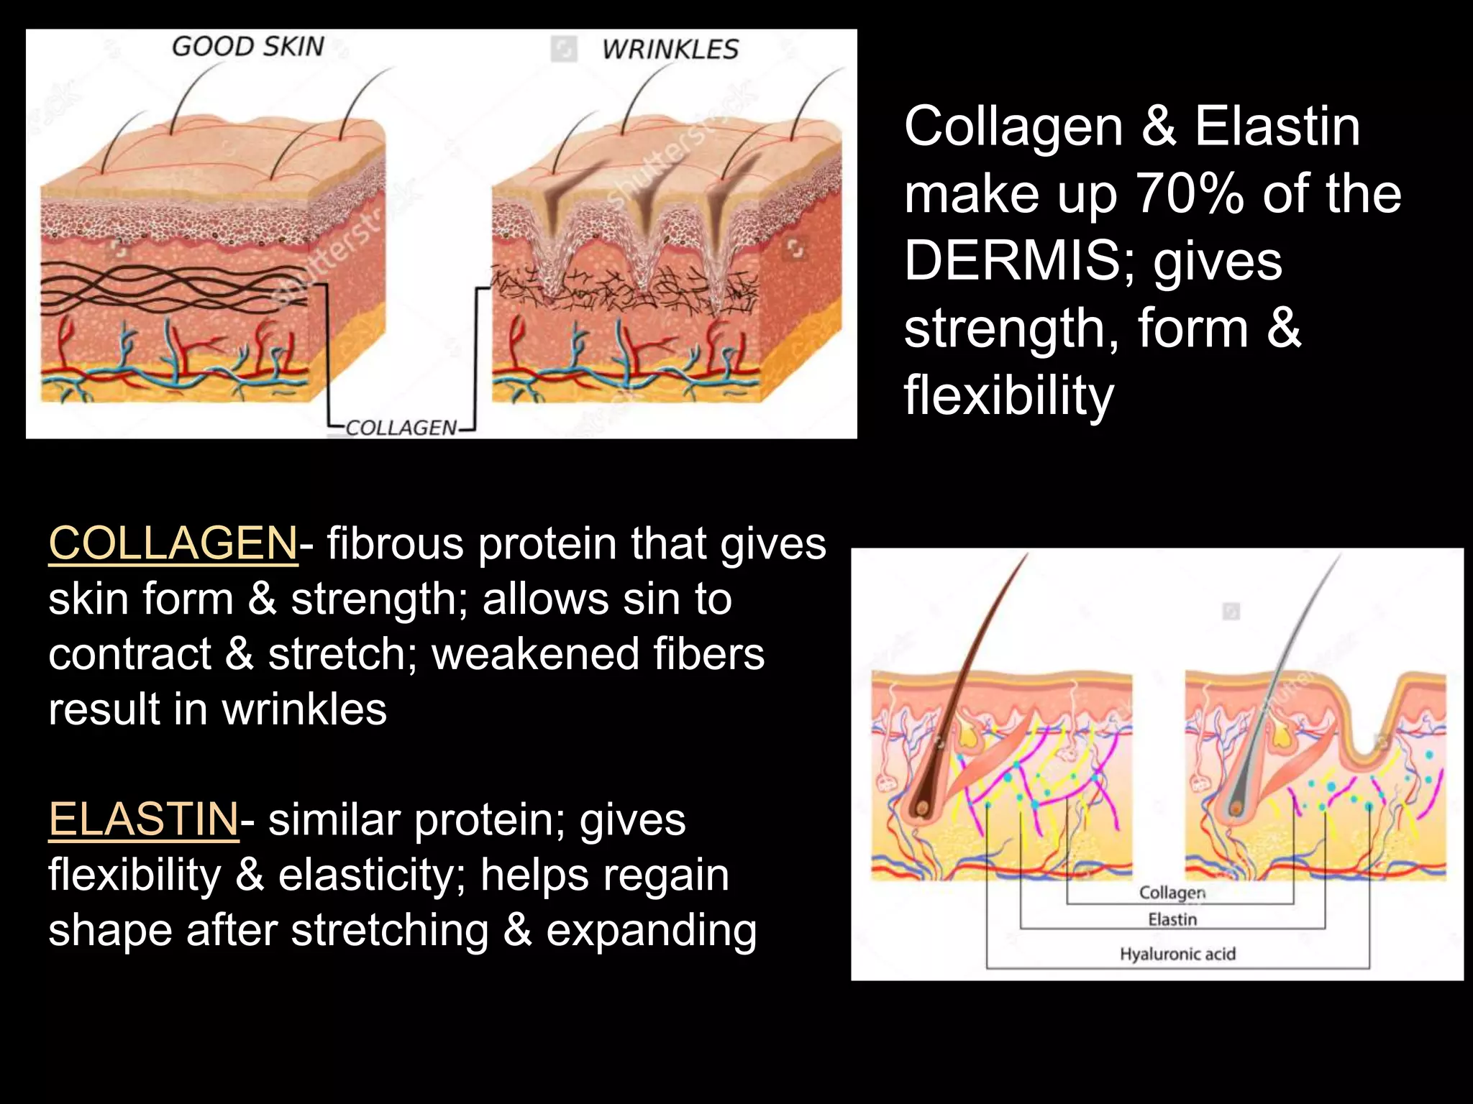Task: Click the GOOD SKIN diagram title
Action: coord(248,47)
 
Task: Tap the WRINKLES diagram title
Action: coord(670,50)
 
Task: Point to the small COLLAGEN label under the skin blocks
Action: coord(401,428)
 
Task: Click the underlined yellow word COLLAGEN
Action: coord(173,543)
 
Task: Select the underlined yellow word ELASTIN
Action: coord(143,819)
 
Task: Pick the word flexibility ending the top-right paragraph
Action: coord(1008,395)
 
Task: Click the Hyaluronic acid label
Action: coord(1177,954)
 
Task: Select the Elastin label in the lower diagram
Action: coord(1172,919)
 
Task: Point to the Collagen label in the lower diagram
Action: coord(1172,893)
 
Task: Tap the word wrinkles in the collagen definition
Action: coord(304,709)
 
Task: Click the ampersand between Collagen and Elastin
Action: coord(1159,126)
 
